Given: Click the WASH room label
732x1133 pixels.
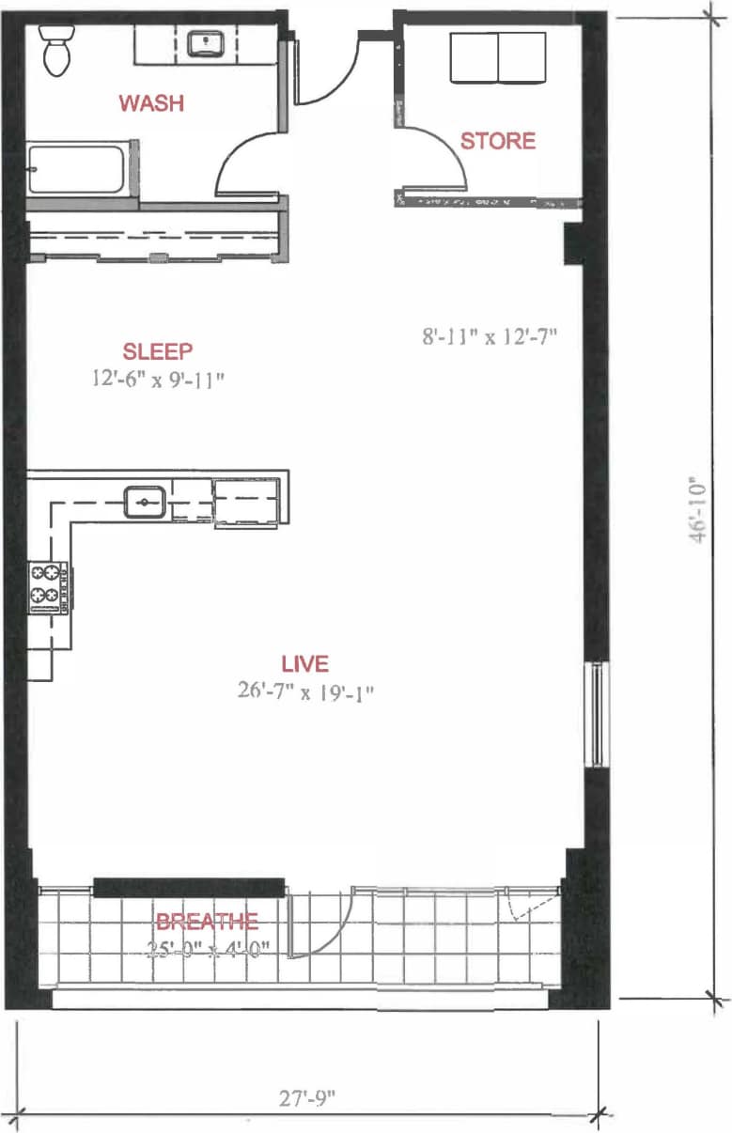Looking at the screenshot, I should [x=150, y=103].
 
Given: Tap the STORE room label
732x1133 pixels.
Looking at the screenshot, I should [x=497, y=141].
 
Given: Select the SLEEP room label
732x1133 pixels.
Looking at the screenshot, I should [x=158, y=351].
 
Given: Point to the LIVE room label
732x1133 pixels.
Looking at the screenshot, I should [x=305, y=664].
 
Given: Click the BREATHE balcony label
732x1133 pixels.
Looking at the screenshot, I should [x=207, y=922].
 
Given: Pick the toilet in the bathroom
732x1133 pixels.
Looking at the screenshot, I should [x=56, y=51].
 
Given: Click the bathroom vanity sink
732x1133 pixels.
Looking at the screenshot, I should [x=204, y=43].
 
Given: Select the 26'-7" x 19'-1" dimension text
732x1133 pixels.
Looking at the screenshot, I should [x=307, y=691].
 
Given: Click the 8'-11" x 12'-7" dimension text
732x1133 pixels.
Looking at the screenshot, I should [x=490, y=336].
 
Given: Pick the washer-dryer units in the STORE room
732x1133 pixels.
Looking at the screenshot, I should [x=498, y=58].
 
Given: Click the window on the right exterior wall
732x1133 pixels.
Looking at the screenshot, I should [x=596, y=714].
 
